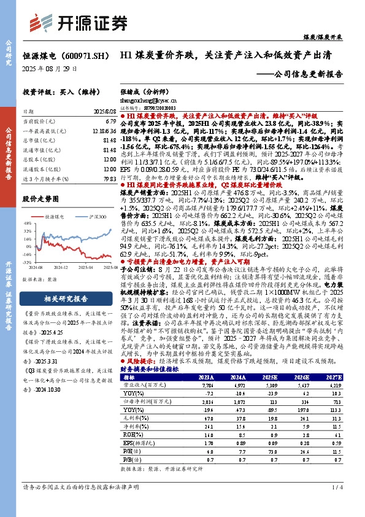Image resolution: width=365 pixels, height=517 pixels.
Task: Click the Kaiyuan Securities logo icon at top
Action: coord(39,23)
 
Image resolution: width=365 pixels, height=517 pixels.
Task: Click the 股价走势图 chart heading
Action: coord(40,199)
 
